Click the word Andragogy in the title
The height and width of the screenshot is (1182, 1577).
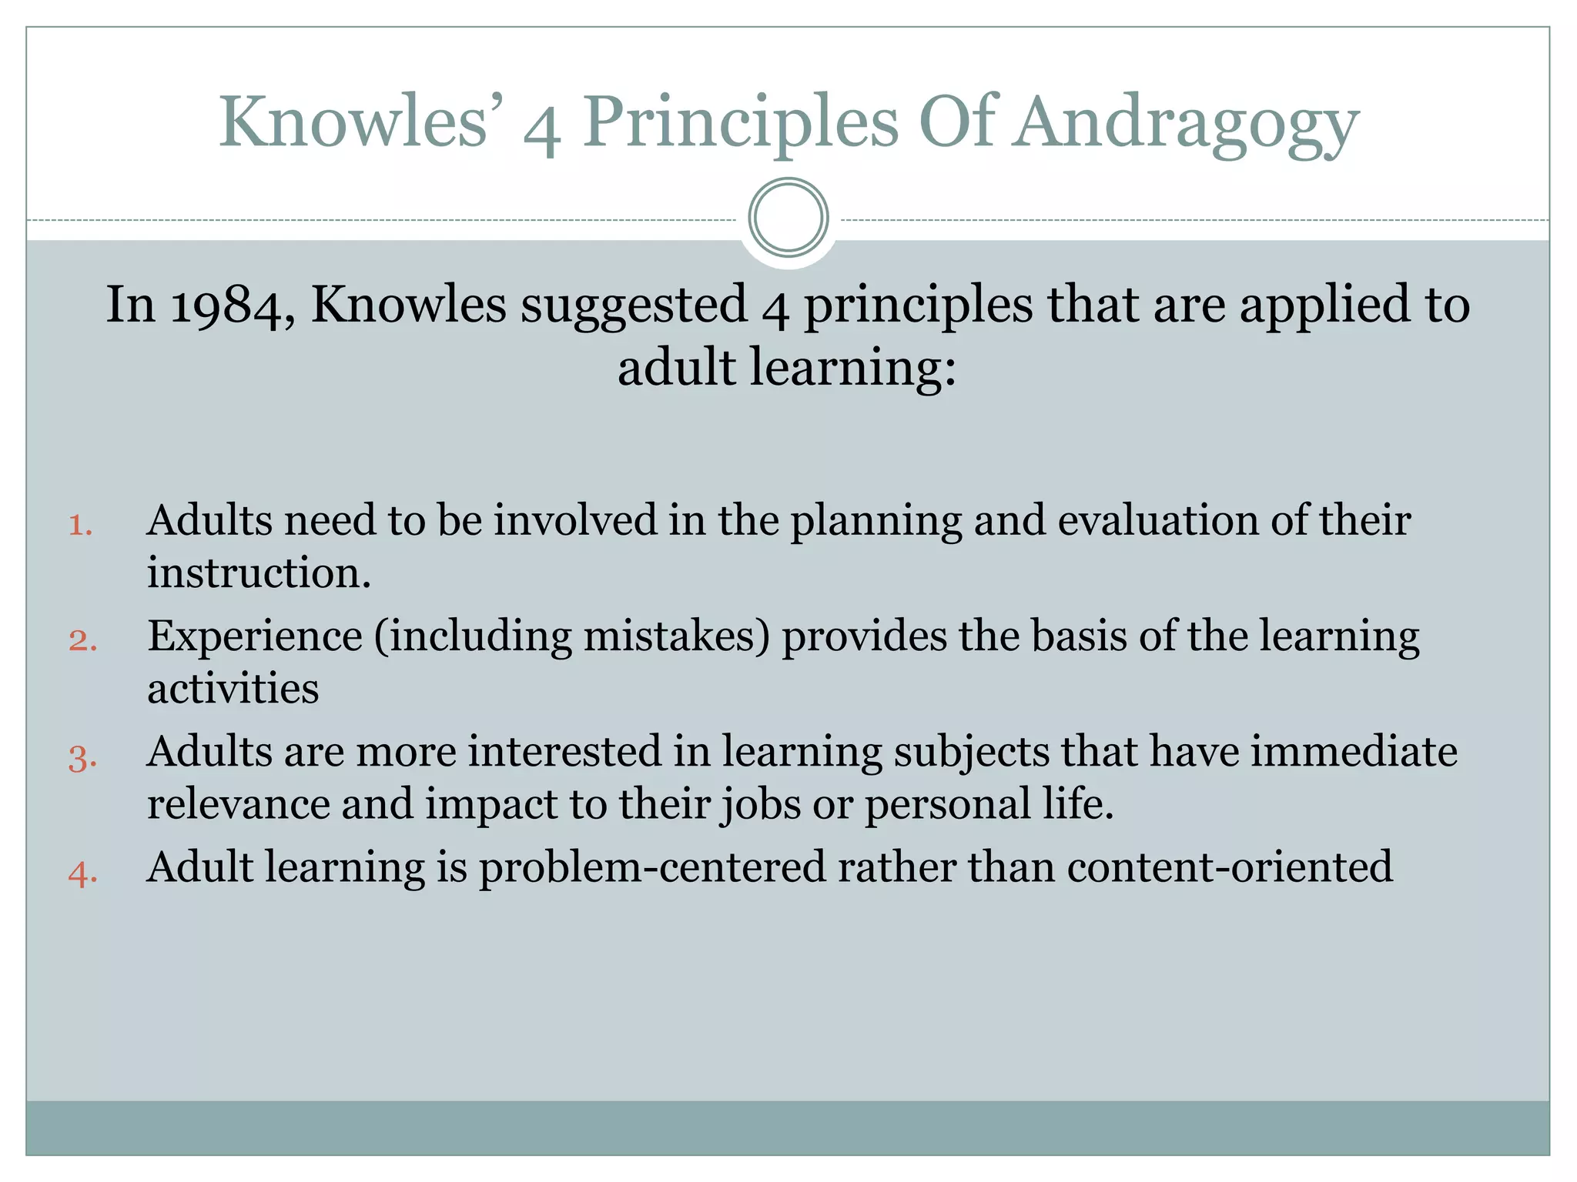pyautogui.click(x=1185, y=123)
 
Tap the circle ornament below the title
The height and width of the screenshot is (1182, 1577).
pyautogui.click(x=788, y=218)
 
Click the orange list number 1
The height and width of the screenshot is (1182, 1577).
pyautogui.click(x=81, y=526)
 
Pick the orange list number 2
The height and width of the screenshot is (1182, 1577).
pyautogui.click(x=82, y=640)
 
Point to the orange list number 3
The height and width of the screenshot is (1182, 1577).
pyautogui.click(x=82, y=756)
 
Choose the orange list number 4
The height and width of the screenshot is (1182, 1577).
pyautogui.click(x=82, y=873)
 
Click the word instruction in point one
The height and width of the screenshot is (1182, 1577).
pyautogui.click(x=259, y=573)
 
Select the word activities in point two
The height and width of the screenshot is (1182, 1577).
pyautogui.click(x=233, y=688)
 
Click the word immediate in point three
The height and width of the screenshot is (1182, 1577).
pyautogui.click(x=1353, y=751)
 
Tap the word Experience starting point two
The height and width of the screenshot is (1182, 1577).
pyautogui.click(x=255, y=637)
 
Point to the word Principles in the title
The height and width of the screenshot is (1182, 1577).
pyautogui.click(x=740, y=123)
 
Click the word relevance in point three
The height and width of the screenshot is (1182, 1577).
pyautogui.click(x=238, y=804)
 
